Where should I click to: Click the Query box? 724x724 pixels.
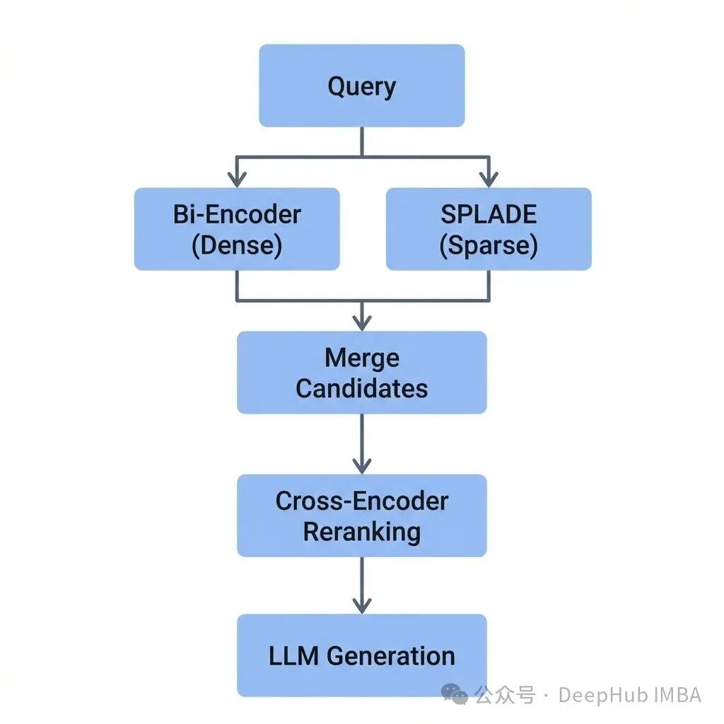[x=361, y=86]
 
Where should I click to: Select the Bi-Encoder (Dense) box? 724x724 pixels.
[x=237, y=228]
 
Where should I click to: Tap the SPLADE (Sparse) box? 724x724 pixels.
[x=488, y=228]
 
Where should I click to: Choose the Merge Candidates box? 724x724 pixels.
[x=361, y=372]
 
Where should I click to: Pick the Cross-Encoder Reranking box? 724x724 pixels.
[x=361, y=515]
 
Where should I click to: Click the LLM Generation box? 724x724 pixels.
[x=361, y=655]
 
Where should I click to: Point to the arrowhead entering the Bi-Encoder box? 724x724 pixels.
[x=237, y=180]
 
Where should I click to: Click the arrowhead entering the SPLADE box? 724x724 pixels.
[x=488, y=180]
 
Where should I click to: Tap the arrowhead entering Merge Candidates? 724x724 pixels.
[x=361, y=323]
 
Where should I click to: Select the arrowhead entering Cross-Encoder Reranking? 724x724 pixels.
[x=361, y=467]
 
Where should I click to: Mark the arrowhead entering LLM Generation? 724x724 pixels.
[x=361, y=607]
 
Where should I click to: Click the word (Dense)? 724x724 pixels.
[x=237, y=245]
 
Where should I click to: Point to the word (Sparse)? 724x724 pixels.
[x=488, y=245]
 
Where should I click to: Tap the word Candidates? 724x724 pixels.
[x=361, y=388]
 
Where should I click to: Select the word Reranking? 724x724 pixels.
[x=361, y=532]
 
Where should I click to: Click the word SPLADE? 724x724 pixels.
[x=488, y=214]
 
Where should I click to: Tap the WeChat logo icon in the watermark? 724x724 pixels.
[x=455, y=695]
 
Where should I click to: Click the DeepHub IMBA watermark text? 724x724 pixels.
[x=629, y=695]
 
